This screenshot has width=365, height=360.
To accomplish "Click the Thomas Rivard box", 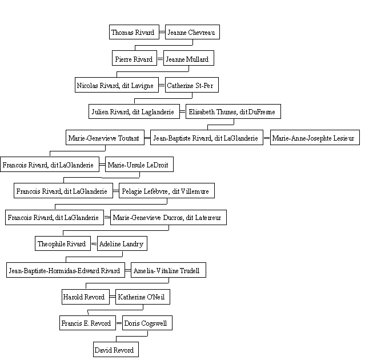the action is (134, 32).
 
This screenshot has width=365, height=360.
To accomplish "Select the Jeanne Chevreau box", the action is (192, 32).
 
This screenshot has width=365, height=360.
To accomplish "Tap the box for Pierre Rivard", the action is (134, 58).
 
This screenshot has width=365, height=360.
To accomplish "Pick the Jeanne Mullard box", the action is (188, 58).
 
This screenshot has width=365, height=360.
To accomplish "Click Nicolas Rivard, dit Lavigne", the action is (117, 85).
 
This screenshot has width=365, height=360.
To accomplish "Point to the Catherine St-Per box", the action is (192, 85).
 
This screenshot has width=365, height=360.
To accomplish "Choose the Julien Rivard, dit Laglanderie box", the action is (134, 111).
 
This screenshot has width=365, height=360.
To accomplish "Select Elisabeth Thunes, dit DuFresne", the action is (233, 111).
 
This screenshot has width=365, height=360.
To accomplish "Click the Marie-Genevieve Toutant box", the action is (105, 137).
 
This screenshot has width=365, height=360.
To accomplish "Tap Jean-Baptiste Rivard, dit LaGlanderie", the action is (207, 137).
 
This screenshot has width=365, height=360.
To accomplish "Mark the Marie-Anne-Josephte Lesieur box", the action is (315, 137).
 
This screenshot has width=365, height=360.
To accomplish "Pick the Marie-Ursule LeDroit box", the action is (139, 165).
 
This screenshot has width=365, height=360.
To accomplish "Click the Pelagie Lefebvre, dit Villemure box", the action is (167, 191).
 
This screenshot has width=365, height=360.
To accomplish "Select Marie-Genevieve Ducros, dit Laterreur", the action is (169, 218).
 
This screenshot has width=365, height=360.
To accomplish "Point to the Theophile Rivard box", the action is (63, 243).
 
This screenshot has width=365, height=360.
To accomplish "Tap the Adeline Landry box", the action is (122, 243).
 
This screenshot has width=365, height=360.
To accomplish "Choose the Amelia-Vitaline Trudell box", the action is (169, 270).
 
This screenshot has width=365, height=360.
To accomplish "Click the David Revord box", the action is (116, 349).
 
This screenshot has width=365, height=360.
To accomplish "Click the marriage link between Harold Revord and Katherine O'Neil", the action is (113, 297).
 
